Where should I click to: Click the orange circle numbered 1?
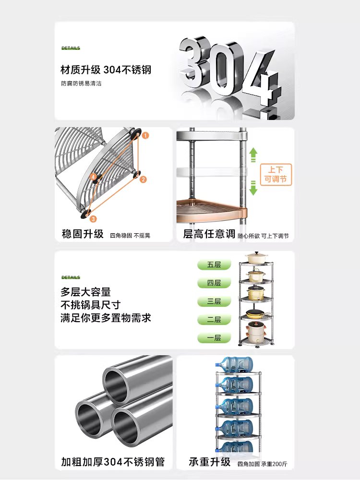[145, 135]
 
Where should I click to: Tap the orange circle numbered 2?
[143, 180]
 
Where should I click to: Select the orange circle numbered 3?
[93, 219]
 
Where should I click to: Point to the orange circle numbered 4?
[93, 177]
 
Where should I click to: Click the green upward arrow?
[253, 155]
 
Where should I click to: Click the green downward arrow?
[253, 188]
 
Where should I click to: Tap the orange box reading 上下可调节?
[276, 175]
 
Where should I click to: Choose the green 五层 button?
[214, 265]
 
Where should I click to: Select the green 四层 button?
[214, 283]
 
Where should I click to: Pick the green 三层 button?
[214, 301]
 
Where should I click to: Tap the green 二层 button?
[214, 320]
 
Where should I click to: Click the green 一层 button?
[214, 338]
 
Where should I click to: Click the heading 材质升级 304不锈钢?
[106, 70]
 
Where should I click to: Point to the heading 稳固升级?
[83, 234]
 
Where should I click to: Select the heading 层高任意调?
[209, 234]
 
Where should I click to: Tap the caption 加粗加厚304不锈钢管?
[113, 462]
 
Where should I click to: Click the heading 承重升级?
[209, 462]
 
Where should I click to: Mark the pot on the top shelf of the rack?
[256, 258]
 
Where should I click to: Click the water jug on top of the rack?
[234, 364]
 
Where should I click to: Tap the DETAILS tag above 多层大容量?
[71, 277]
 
